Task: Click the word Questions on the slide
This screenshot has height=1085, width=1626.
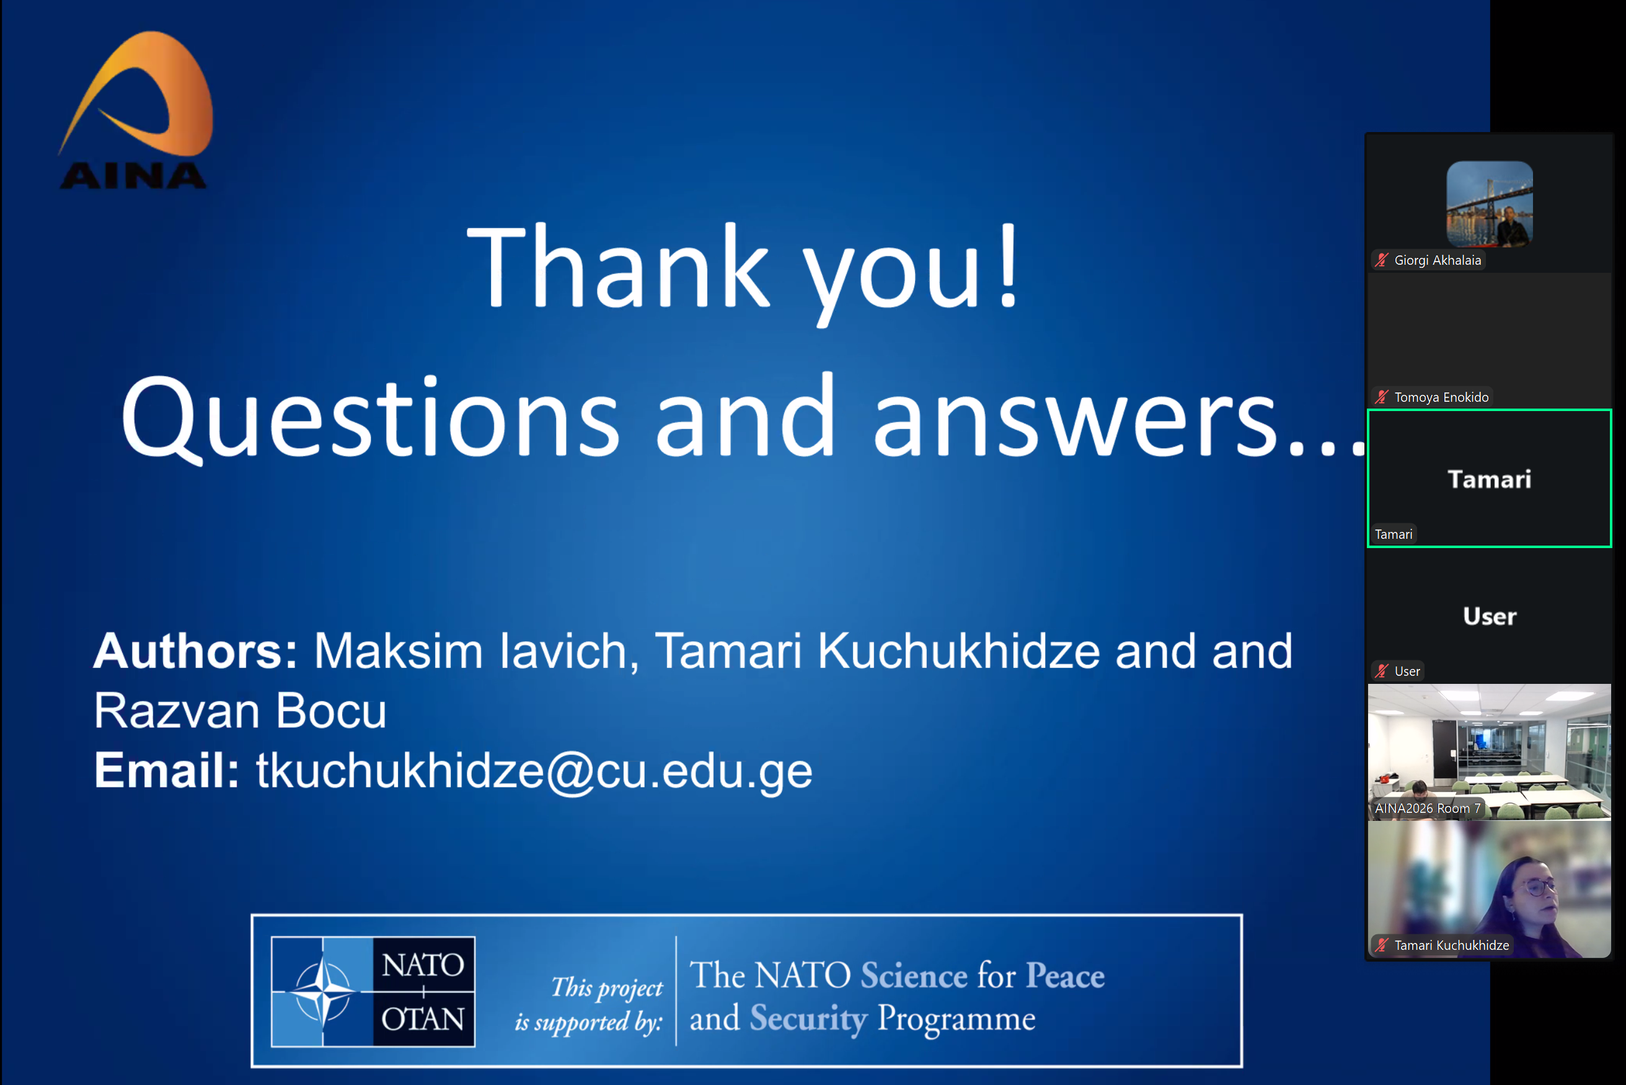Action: (x=370, y=418)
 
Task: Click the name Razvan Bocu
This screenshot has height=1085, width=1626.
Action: (x=240, y=711)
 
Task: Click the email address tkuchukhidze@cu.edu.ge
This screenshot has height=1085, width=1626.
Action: (x=534, y=771)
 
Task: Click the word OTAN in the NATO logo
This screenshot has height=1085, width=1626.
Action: (x=423, y=1019)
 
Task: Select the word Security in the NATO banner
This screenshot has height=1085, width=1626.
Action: (x=808, y=1019)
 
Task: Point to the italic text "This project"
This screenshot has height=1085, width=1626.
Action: (x=607, y=988)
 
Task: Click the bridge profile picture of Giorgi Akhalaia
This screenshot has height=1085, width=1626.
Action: (x=1489, y=204)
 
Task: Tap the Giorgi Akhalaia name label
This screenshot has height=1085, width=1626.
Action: (x=1437, y=260)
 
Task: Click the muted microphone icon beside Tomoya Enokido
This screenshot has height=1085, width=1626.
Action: (x=1382, y=397)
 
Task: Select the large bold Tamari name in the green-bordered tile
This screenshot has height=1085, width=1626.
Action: (x=1489, y=479)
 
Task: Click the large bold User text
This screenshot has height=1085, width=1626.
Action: (x=1489, y=616)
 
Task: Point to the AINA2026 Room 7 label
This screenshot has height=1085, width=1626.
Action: (x=1427, y=808)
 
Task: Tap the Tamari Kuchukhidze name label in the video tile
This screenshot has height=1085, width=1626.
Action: (x=1451, y=945)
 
